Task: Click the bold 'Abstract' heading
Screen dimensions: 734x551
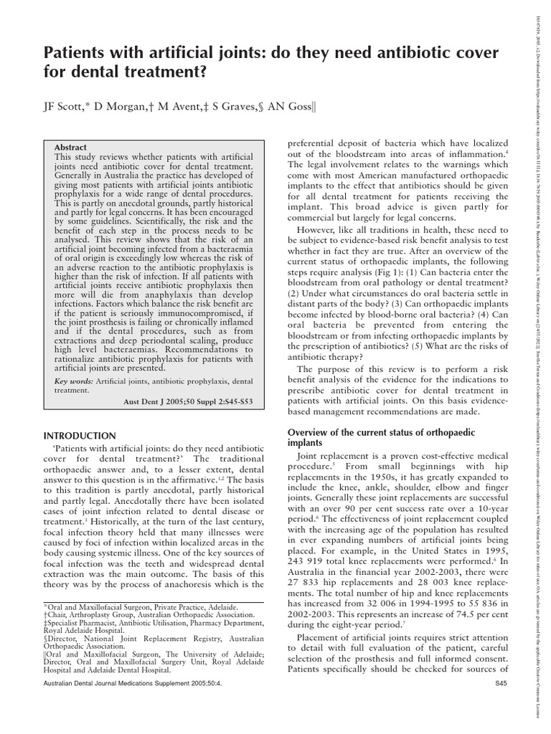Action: pyautogui.click(x=71, y=147)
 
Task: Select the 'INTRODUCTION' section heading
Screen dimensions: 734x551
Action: pyautogui.click(x=80, y=435)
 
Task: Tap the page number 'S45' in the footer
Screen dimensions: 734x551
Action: pyautogui.click(x=501, y=706)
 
